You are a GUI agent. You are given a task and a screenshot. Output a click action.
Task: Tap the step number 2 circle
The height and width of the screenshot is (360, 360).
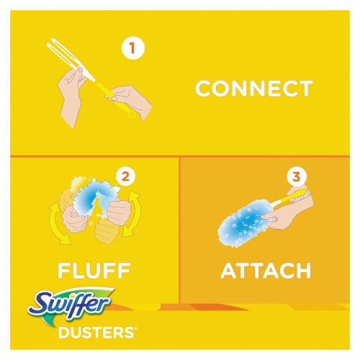coord(126,176)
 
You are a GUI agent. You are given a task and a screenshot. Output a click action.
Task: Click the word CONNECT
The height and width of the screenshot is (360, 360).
coord(254,89)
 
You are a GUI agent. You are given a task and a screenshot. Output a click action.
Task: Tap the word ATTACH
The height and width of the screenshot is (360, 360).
coord(266,271)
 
